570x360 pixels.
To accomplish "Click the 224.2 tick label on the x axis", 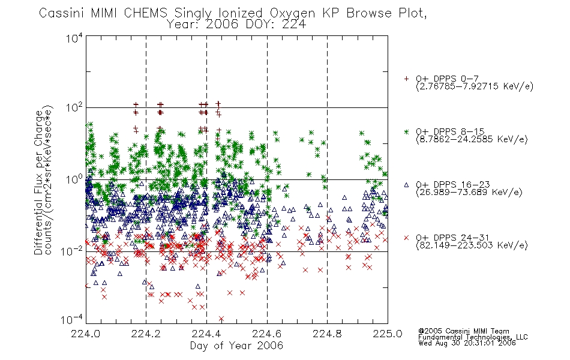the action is point(146,334).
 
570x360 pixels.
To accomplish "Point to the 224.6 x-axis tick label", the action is point(267,334).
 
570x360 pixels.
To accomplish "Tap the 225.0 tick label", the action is point(388,334).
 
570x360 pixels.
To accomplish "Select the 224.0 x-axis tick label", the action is point(85,334).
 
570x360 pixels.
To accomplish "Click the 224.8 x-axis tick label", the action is point(327,334).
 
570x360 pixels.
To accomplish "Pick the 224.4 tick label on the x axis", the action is point(206,334).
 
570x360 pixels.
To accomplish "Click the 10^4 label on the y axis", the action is point(74,38).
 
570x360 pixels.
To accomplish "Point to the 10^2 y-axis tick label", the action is point(74,107).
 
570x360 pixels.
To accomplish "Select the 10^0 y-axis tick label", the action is point(74,179).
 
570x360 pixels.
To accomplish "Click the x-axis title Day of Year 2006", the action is point(236,346).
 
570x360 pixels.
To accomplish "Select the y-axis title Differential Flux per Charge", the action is point(39,182).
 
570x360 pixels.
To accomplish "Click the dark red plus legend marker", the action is point(406,79).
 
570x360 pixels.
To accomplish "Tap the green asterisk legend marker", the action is point(406,131).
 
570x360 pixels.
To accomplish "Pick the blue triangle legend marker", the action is point(406,185).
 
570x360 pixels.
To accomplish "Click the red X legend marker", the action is point(406,238).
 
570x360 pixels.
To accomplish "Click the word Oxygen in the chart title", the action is point(292,13).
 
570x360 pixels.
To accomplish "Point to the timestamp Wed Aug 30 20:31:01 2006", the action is point(467,343).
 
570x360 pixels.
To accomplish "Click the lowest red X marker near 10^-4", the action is point(221,319).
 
